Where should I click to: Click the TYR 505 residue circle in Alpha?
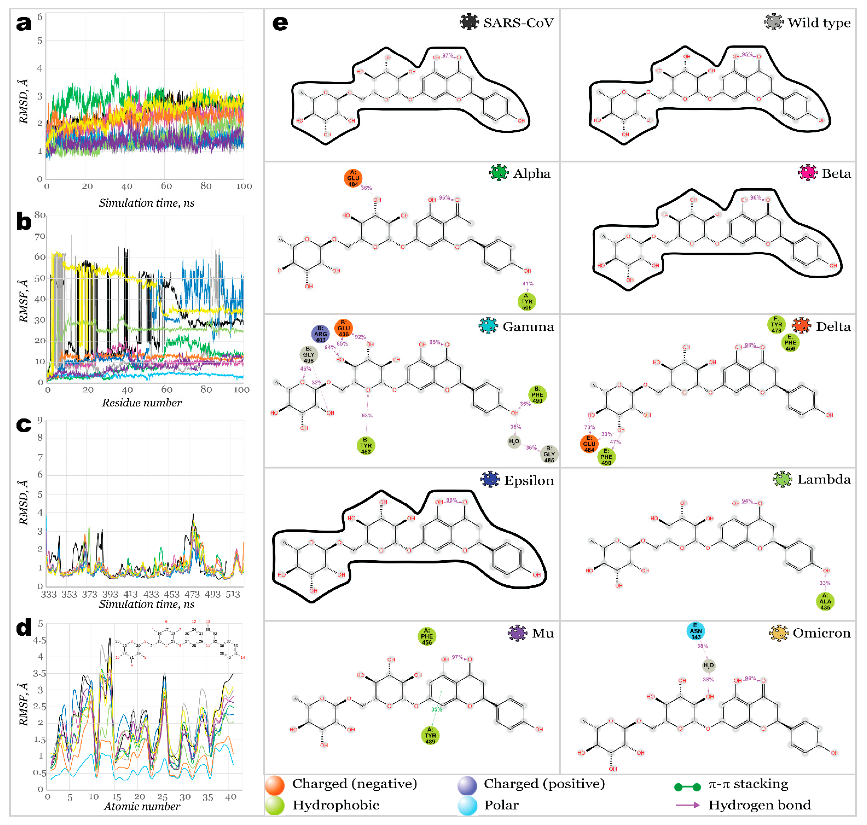click(x=527, y=302)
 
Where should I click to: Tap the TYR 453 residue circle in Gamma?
click(x=366, y=446)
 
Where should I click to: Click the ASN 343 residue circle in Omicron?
click(x=695, y=631)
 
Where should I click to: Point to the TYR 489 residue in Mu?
click(x=430, y=735)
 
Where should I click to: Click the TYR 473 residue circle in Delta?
click(x=777, y=325)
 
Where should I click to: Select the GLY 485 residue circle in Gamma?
click(x=549, y=454)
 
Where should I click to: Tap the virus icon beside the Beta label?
click(x=808, y=173)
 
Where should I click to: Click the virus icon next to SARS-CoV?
click(x=469, y=22)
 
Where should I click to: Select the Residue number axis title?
click(x=142, y=402)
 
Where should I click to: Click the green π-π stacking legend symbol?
click(x=687, y=787)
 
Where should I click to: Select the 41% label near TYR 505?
click(x=528, y=284)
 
